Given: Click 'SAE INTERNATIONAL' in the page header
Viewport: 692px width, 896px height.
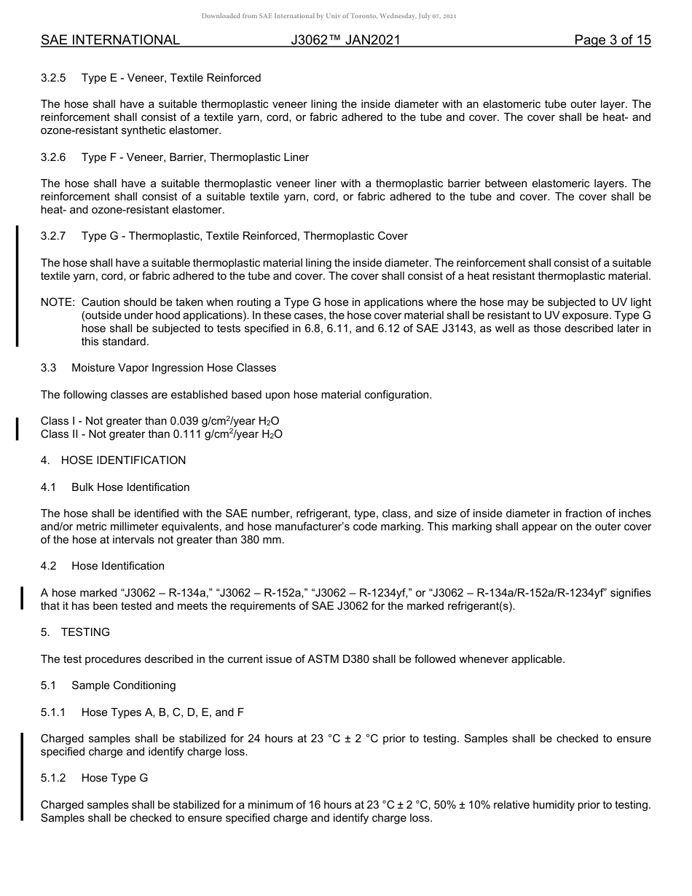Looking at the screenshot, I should (x=110, y=41).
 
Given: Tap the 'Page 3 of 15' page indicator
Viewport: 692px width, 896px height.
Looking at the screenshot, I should (x=612, y=41).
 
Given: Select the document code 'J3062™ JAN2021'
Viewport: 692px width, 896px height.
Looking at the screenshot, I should (x=345, y=41).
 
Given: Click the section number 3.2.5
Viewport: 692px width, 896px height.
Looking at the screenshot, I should (x=53, y=78).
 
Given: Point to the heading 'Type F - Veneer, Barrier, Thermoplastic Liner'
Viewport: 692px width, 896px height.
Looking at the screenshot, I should (x=194, y=157).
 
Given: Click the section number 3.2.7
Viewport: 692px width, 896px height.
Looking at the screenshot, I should (x=53, y=236).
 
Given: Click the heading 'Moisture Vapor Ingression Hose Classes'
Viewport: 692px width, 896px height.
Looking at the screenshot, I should (x=173, y=368).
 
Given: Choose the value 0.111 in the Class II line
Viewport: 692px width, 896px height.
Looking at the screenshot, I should (x=188, y=434).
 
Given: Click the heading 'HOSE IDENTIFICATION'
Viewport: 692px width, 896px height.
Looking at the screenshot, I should (x=123, y=460).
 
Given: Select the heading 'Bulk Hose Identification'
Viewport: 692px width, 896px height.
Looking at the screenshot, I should (x=130, y=487).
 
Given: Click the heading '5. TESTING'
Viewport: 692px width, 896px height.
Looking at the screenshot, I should (x=75, y=632).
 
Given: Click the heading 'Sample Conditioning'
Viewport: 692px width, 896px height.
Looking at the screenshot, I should (x=123, y=685).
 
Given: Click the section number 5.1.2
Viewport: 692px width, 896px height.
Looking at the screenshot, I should (x=53, y=778).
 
